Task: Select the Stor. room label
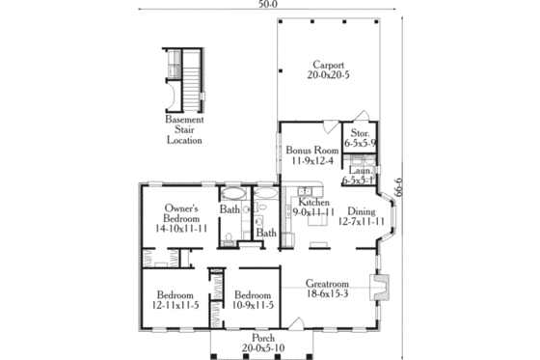point(362,133)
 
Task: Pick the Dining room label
point(361,211)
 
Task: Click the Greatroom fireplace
point(382,288)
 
